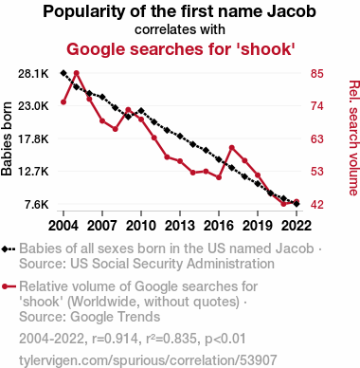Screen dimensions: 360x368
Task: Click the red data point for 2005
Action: tap(77, 73)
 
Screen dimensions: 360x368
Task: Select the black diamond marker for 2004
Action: tap(63, 73)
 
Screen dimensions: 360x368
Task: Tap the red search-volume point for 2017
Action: tap(232, 148)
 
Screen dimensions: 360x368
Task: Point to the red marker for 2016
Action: tap(219, 177)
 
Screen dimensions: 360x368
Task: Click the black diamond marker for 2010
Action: tap(141, 111)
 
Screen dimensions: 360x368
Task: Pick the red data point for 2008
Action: tap(116, 129)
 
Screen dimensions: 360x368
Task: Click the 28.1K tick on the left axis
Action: tap(33, 74)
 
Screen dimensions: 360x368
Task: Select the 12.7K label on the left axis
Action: tap(33, 172)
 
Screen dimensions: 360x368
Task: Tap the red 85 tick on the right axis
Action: tap(317, 74)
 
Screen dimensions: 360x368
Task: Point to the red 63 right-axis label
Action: tap(317, 138)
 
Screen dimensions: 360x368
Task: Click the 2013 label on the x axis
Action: tap(180, 226)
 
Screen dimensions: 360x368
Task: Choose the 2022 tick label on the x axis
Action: tap(297, 226)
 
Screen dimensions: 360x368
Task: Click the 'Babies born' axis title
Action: tap(7, 138)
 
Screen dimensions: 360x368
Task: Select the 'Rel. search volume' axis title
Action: tap(354, 138)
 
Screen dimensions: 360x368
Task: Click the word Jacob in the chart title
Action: tap(292, 11)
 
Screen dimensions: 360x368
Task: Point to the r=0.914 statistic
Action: tap(116, 339)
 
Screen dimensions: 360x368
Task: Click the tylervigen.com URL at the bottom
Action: tap(148, 360)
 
